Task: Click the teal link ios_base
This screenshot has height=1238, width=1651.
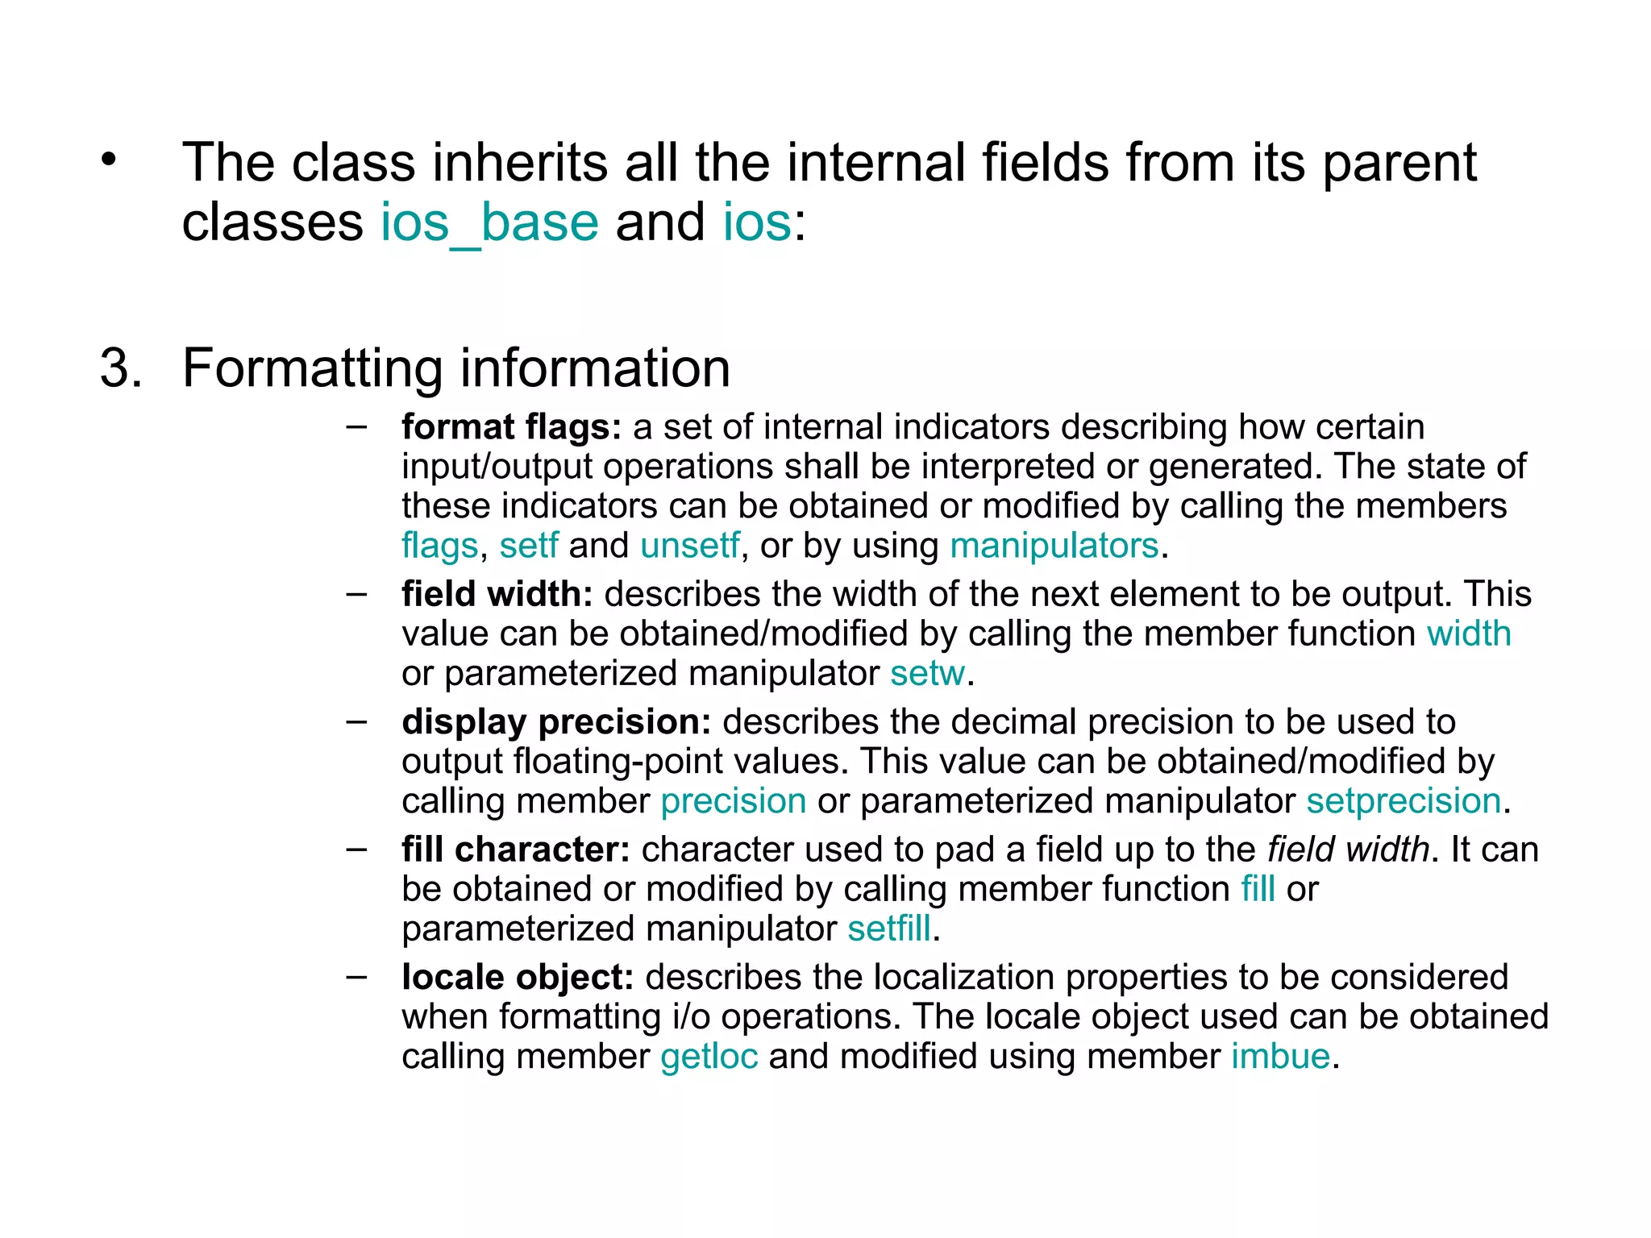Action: pos(489,222)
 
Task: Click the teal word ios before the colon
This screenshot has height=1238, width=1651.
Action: pos(757,222)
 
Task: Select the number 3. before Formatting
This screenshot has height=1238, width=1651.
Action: pos(121,368)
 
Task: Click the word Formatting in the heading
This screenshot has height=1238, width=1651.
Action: pos(312,368)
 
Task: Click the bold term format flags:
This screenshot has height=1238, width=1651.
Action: pos(511,427)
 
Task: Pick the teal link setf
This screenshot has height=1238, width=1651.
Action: pos(528,546)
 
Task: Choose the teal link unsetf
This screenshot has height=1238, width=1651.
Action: pos(689,546)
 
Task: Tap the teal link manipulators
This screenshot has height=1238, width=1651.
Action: pos(1054,546)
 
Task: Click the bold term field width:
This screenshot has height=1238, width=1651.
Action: pos(497,594)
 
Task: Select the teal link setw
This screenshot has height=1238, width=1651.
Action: pos(927,673)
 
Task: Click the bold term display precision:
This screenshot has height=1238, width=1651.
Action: pos(556,722)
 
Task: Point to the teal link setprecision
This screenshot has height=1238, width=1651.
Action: pos(1404,801)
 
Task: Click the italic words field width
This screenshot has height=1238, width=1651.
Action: pos(1348,850)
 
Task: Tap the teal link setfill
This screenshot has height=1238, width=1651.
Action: pos(889,928)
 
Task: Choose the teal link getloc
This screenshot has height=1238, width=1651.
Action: pos(709,1057)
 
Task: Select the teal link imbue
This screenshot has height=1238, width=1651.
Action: pos(1280,1057)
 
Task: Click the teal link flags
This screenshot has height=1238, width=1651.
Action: pos(440,546)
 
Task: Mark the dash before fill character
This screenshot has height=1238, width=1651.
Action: pos(356,849)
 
